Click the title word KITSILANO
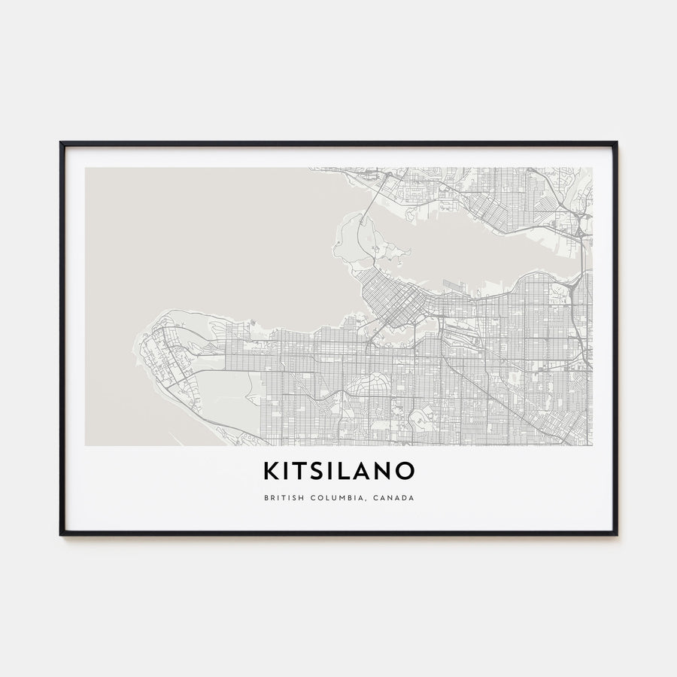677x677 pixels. (x=338, y=471)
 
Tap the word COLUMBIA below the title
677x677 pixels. (x=338, y=498)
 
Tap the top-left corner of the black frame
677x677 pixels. (x=62, y=143)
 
